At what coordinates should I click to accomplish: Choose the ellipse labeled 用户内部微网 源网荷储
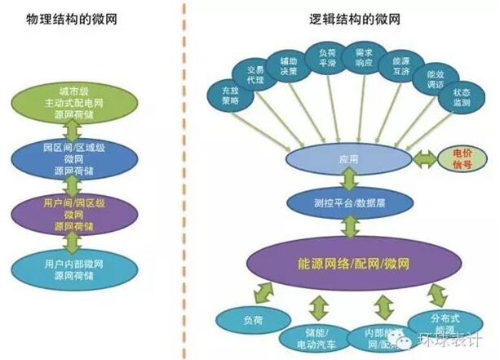click(x=75, y=269)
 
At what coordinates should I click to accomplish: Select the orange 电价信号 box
click(x=455, y=158)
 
